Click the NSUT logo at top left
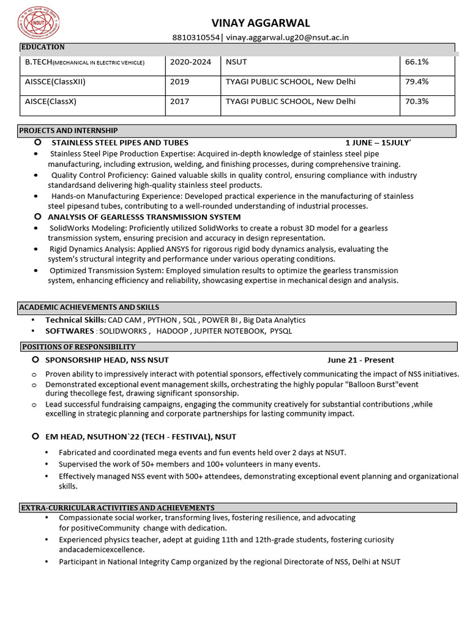coord(35,23)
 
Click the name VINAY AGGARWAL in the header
coord(261,23)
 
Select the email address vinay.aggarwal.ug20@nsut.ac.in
coord(287,38)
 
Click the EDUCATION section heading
coord(43,47)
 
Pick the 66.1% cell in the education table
coord(417,62)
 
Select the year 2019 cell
coord(180,82)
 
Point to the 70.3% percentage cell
coord(417,101)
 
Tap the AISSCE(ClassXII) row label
coord(55,82)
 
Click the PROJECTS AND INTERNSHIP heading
coord(69,131)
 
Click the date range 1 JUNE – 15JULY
coord(378,142)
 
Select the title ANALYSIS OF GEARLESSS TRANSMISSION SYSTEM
coord(144,217)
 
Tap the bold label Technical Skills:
coord(76,320)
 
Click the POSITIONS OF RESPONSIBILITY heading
coord(78,347)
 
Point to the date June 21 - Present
coord(360,360)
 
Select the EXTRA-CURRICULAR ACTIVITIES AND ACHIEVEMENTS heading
coord(117,507)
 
